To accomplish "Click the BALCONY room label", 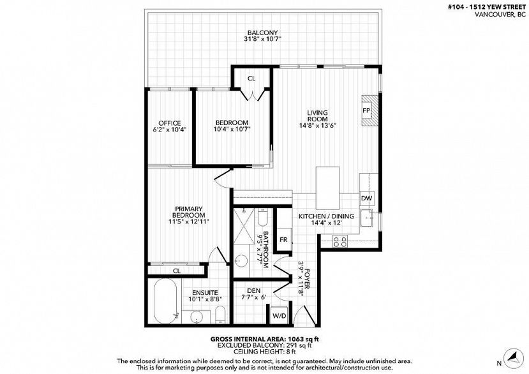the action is click(262, 33).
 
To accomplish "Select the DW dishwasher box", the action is click(366, 198).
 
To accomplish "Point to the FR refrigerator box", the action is click(283, 239).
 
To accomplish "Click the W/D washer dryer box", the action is click(279, 316).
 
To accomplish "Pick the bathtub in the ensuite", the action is click(165, 301).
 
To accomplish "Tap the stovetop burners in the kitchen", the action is click(339, 241).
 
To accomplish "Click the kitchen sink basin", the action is click(366, 218).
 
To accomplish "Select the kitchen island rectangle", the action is click(327, 188).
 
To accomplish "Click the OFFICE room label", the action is click(170, 123).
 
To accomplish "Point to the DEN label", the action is click(254, 290).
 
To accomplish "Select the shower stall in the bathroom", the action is click(244, 225).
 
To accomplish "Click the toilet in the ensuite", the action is click(220, 314).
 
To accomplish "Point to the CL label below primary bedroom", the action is click(177, 271).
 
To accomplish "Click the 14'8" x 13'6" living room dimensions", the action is click(318, 125).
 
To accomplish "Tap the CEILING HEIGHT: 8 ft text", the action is click(264, 352).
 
